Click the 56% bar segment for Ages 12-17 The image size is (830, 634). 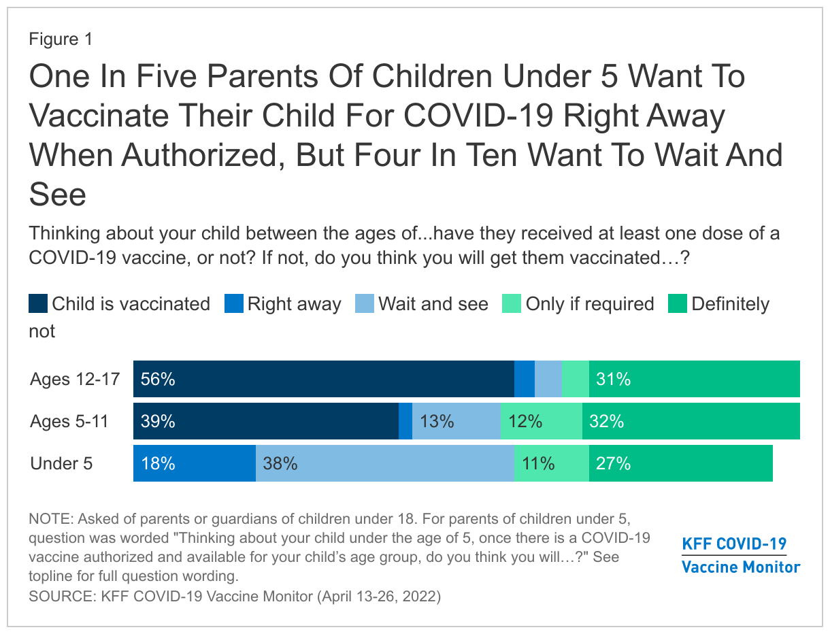coord(324,379)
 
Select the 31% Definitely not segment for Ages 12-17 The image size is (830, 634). coord(694,379)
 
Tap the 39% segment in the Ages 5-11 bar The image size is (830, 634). coord(266,421)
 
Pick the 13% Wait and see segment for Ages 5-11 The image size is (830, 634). coord(456,421)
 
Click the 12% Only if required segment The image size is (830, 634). coord(542,421)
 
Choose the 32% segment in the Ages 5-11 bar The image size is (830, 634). coord(691,421)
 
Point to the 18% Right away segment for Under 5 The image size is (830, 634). coord(195,463)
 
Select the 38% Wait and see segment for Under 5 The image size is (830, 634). coord(385,463)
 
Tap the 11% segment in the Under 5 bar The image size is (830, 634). coord(552,463)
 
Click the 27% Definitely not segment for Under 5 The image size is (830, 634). coord(680,463)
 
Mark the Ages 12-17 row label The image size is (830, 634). coord(75,379)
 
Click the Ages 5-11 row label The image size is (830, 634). coord(69,421)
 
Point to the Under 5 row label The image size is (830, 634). coord(61,463)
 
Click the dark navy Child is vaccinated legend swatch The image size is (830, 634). coord(38,303)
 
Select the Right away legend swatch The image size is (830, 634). coord(233,303)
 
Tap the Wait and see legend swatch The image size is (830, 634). coord(365,303)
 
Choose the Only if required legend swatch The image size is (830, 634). coord(511,303)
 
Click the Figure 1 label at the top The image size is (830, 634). coord(61,39)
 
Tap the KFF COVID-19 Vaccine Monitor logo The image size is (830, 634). coord(741,555)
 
